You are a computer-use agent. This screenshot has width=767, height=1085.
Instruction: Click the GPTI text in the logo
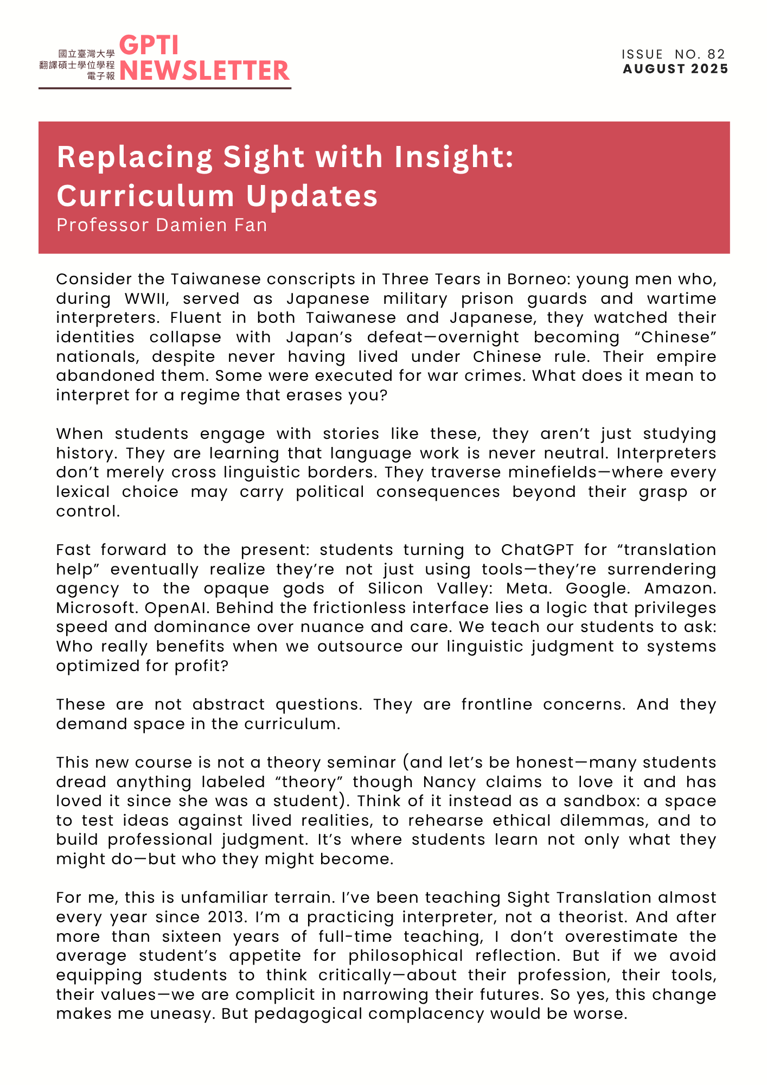pyautogui.click(x=149, y=46)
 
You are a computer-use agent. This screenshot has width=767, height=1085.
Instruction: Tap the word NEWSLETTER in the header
pyautogui.click(x=204, y=71)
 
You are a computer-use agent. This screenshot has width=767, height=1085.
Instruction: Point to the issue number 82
pyautogui.click(x=716, y=54)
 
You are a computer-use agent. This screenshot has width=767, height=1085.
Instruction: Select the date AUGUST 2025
pyautogui.click(x=675, y=69)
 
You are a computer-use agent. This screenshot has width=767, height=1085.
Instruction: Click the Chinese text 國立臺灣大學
pyautogui.click(x=87, y=54)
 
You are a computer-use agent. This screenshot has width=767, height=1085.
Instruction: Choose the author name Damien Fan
pyautogui.click(x=212, y=225)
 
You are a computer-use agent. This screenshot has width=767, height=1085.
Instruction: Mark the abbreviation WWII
pyautogui.click(x=146, y=299)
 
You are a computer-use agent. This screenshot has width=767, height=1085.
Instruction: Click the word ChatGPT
pyautogui.click(x=537, y=550)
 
